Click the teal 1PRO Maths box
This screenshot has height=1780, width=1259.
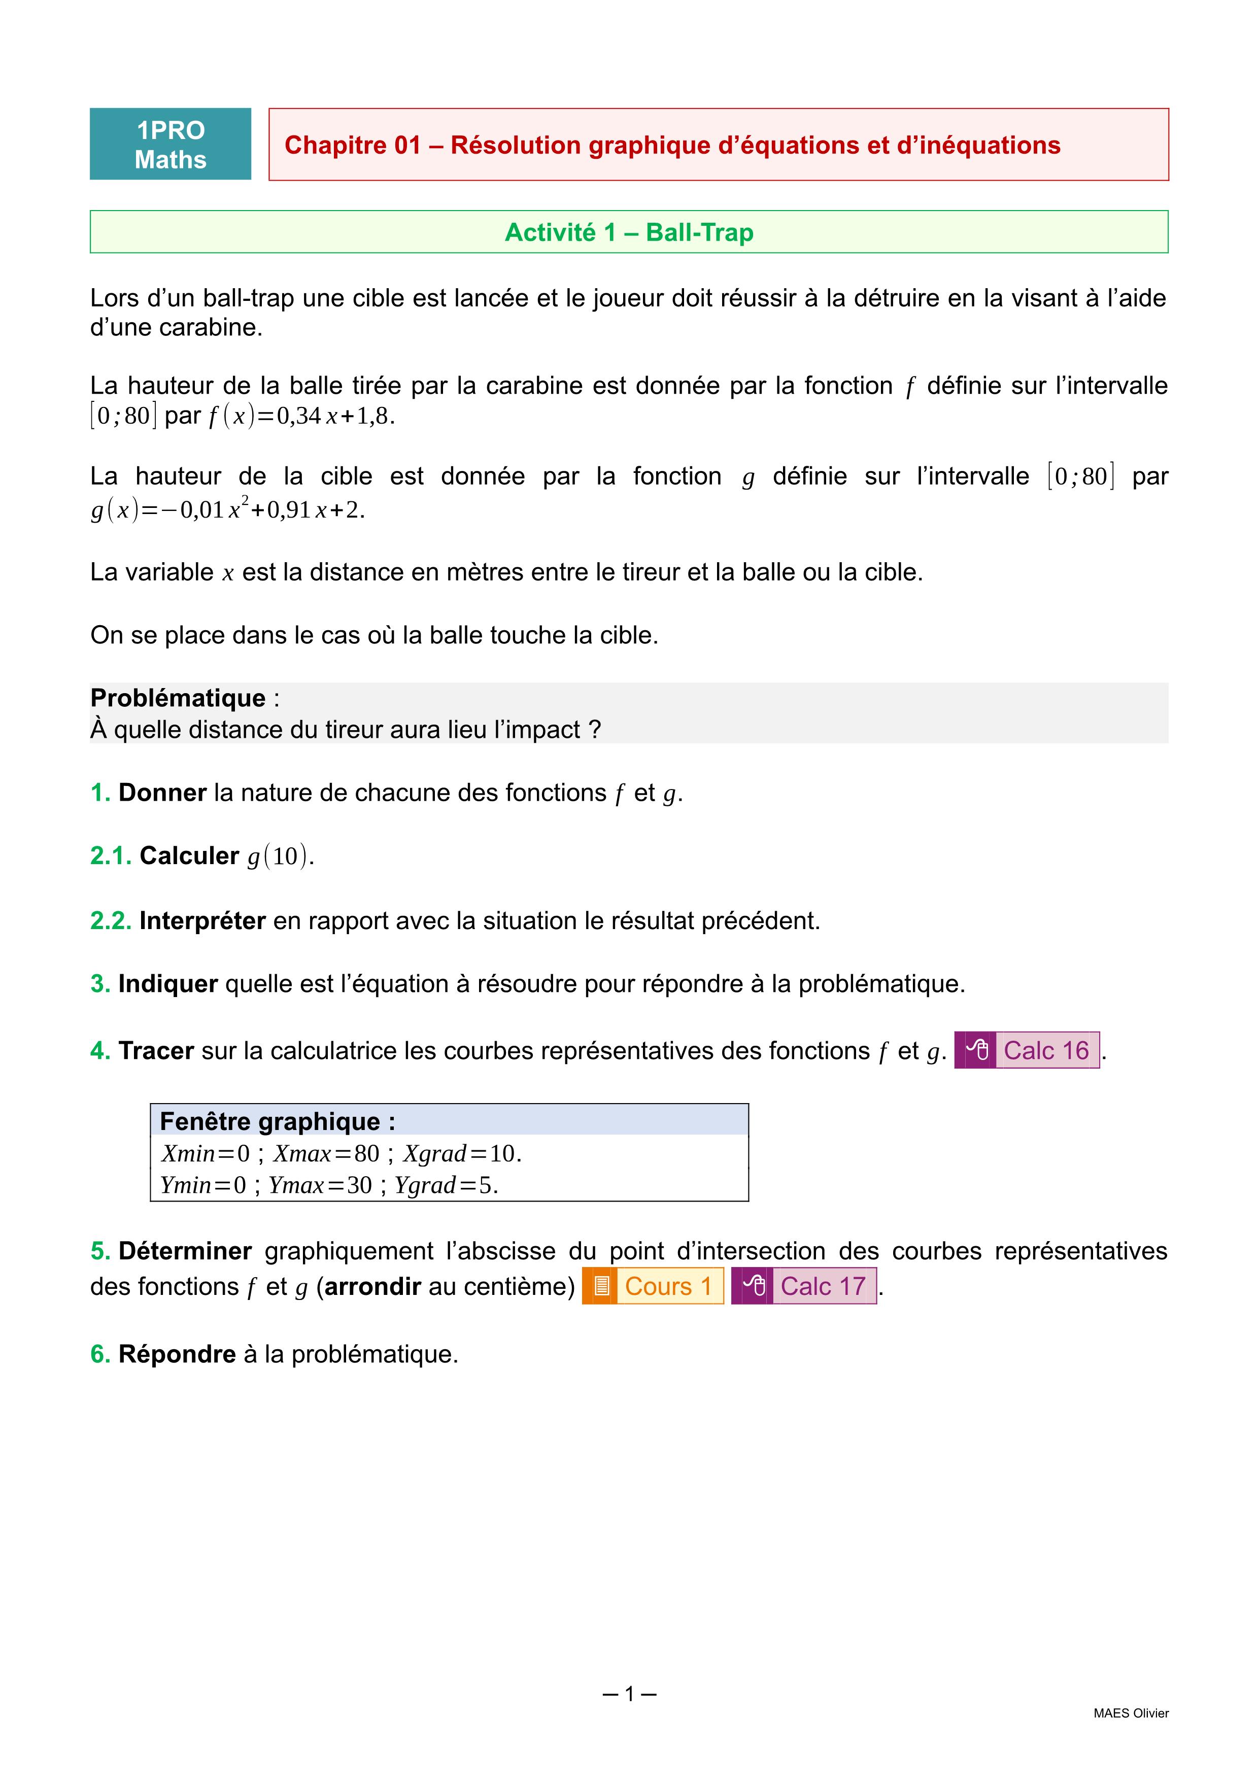point(171,144)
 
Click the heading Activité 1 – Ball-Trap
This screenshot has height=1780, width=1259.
point(629,232)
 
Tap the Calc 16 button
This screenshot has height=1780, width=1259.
point(1027,1050)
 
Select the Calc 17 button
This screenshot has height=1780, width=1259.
point(804,1286)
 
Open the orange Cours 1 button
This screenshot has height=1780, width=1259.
point(653,1286)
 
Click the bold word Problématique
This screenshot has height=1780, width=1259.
point(178,698)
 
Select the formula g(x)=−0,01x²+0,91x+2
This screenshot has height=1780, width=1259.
point(227,510)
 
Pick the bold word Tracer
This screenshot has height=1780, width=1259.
point(156,1050)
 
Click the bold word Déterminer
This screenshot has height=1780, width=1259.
point(185,1251)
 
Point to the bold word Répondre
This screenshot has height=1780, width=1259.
point(177,1354)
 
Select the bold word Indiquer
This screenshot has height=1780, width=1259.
point(167,984)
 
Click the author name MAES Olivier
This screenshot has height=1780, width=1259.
point(1130,1714)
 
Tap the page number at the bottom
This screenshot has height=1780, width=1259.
point(629,1694)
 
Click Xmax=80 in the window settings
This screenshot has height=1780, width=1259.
point(326,1153)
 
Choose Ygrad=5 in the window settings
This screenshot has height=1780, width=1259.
point(445,1185)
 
